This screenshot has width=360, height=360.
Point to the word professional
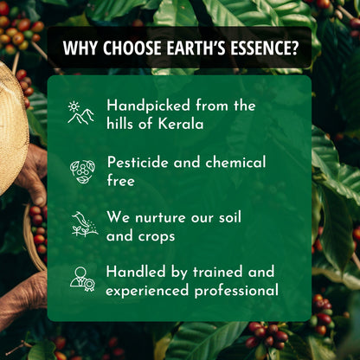[x=234, y=290]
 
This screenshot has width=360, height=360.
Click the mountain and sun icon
[x=81, y=113]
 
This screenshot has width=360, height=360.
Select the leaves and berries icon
[x=82, y=170]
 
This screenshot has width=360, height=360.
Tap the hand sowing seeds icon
[x=84, y=224]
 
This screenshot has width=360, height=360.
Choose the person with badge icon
[x=82, y=279]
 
